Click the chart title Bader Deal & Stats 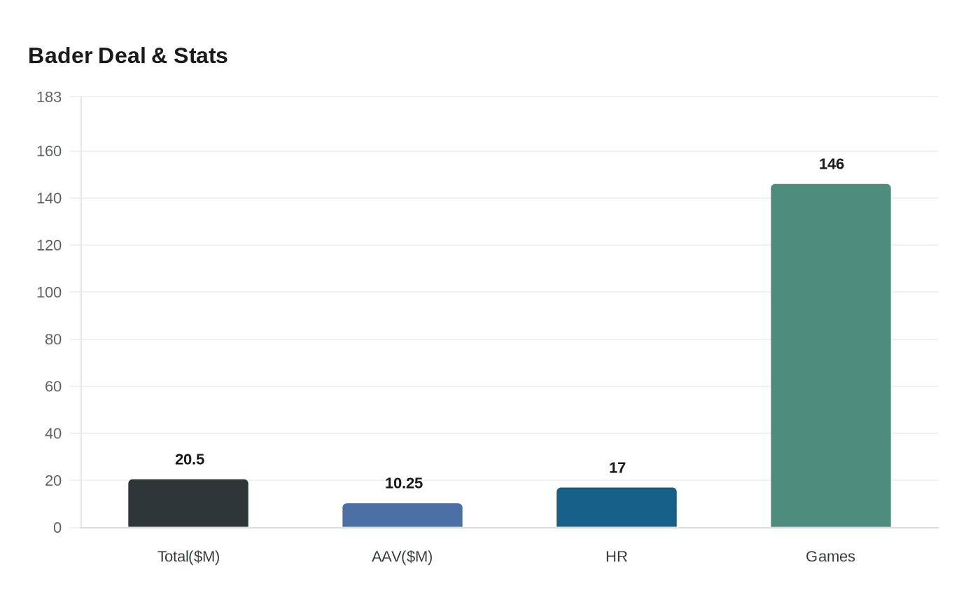click(x=128, y=56)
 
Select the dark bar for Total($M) click(x=188, y=503)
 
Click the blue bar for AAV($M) click(x=402, y=515)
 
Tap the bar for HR click(x=617, y=507)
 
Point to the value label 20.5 click(x=190, y=460)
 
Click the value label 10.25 click(x=404, y=484)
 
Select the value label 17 click(x=617, y=468)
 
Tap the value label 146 click(x=832, y=164)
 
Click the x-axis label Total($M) click(x=188, y=556)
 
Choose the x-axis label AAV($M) click(x=402, y=556)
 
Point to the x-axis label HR click(x=617, y=556)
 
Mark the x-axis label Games click(x=831, y=556)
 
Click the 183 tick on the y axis click(x=49, y=97)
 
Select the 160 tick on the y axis click(x=49, y=151)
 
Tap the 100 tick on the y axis click(x=49, y=293)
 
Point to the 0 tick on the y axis click(x=57, y=528)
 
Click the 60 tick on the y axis click(x=53, y=386)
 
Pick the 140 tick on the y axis click(x=49, y=199)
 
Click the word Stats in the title click(x=201, y=56)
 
